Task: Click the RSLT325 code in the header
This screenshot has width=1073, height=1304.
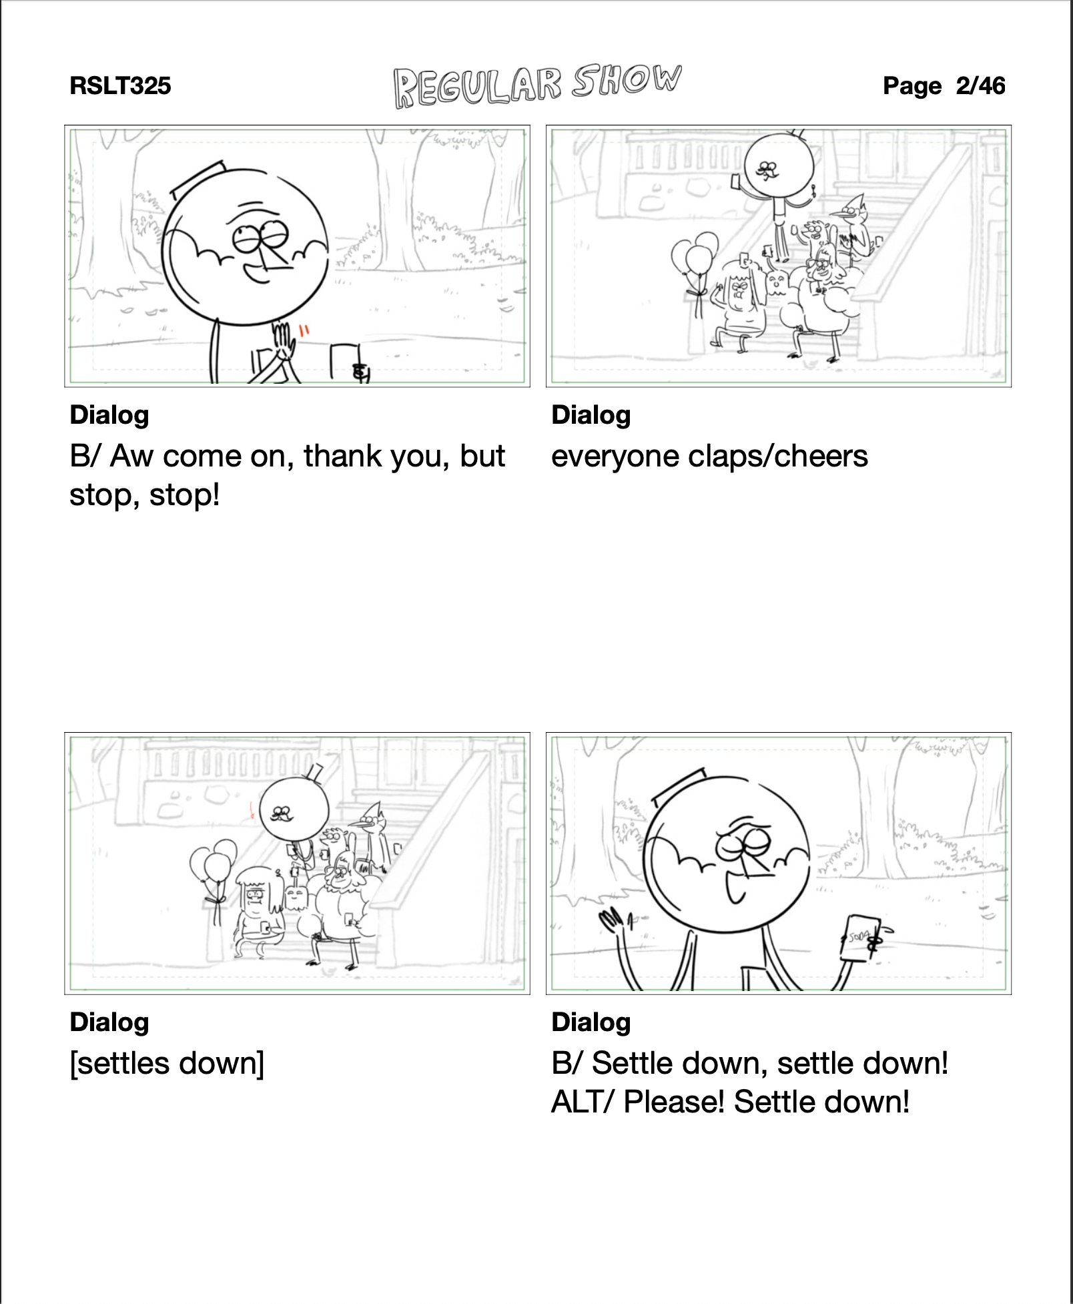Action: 120,85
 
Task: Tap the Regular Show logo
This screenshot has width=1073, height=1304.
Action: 537,87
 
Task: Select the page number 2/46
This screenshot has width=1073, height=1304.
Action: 980,85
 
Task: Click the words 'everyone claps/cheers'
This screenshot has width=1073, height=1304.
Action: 709,456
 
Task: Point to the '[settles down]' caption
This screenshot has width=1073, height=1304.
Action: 167,1063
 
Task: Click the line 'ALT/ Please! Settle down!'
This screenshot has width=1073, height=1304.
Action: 730,1101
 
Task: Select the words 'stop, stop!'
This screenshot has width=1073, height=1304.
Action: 145,495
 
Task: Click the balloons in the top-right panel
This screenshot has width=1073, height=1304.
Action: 695,257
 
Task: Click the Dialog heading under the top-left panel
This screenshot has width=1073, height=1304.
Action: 109,414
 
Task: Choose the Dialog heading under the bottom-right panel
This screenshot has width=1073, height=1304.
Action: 591,1022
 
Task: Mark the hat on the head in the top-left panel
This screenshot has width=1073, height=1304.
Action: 197,178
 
